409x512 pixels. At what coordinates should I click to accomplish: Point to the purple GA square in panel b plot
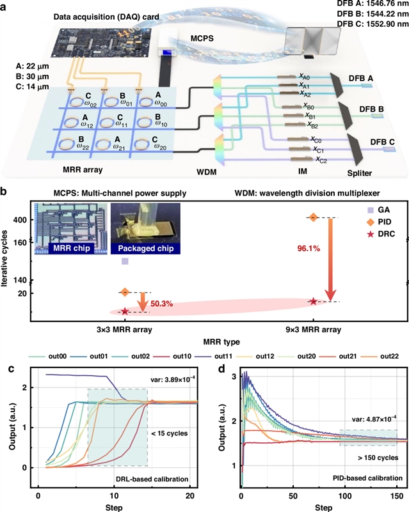point(125,261)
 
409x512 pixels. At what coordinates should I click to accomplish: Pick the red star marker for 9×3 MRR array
point(313,301)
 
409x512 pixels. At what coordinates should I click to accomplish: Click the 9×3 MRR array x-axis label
point(313,331)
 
